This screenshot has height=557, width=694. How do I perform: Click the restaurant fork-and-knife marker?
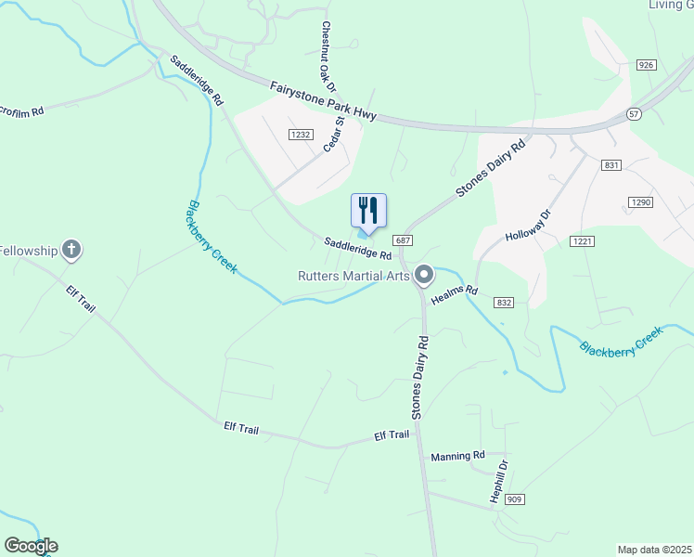pos(368,210)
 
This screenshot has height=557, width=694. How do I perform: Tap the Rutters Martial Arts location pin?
pos(425,274)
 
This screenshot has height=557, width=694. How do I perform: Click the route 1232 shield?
pos(300,135)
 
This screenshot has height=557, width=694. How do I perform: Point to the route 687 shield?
pos(403,240)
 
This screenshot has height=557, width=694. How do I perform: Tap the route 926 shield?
pos(647,65)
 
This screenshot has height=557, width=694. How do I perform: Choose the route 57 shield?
pos(634,113)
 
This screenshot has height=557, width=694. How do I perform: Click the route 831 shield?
pos(610,165)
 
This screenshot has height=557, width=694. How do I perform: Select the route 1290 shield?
pos(641,202)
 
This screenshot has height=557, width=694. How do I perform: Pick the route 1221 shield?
pos(582,241)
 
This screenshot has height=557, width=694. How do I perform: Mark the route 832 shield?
pos(505,303)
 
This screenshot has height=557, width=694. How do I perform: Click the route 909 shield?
pos(516,499)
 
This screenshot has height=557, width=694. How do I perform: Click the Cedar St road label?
pos(333,135)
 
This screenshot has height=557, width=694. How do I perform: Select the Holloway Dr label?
pos(528,225)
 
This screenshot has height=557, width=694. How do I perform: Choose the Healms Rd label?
pos(455,294)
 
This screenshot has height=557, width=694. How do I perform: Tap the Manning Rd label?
pos(458,456)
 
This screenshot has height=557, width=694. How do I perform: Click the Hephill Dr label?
pos(500,483)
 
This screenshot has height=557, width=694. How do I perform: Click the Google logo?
pos(31,546)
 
